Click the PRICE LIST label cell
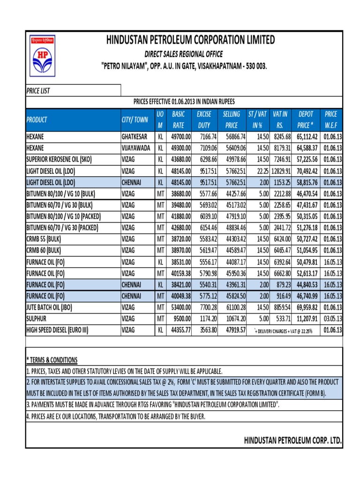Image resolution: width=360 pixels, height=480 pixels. (x=38, y=91)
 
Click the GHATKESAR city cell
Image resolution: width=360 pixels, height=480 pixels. (x=136, y=136)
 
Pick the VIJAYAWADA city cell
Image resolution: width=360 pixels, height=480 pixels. (x=136, y=148)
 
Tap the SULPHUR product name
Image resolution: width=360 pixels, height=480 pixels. (x=37, y=319)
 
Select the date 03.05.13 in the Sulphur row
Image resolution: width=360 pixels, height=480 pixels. (x=332, y=319)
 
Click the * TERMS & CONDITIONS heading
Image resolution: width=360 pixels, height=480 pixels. (x=52, y=360)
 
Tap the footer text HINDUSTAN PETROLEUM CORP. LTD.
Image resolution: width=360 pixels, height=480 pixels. (x=292, y=441)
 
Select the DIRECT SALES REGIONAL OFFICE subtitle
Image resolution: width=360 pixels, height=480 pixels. (x=183, y=54)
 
